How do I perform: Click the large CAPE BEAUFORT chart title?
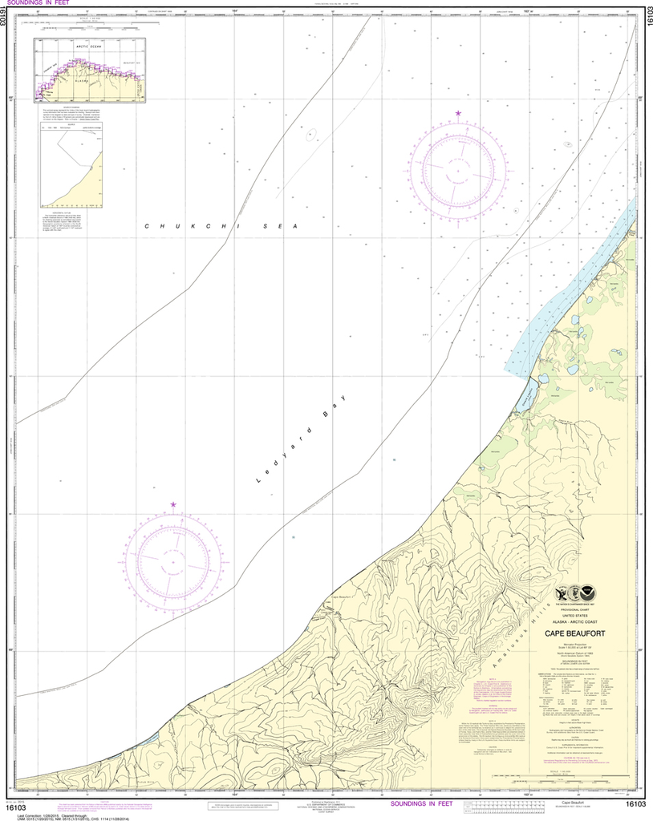click(x=575, y=633)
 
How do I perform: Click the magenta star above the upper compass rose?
click(x=458, y=114)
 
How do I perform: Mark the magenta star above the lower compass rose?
click(x=173, y=505)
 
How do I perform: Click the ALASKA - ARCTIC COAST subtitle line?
click(x=575, y=622)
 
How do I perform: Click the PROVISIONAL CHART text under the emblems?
click(x=575, y=610)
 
